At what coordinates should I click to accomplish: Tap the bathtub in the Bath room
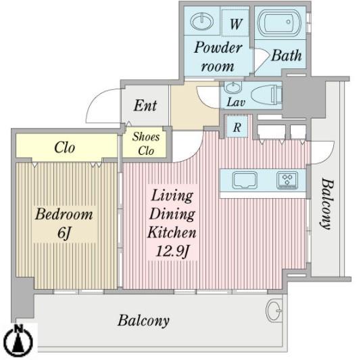[279, 23]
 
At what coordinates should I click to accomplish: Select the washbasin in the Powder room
[202, 22]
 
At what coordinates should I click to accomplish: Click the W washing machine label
[236, 24]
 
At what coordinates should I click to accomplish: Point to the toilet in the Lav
[266, 95]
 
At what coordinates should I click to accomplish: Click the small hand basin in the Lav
[233, 87]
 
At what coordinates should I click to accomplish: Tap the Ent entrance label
[145, 106]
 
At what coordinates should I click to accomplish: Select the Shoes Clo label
[146, 143]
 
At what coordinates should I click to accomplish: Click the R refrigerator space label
[237, 127]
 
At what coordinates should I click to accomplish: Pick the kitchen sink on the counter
[245, 180]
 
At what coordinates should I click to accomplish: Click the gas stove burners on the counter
[287, 180]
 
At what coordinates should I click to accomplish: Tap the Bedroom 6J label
[64, 223]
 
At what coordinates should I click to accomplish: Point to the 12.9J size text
[172, 251]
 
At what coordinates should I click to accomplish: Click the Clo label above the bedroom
[65, 148]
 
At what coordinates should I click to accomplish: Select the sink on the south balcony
[274, 311]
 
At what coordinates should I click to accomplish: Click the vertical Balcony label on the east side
[327, 204]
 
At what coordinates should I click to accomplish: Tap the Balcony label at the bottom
[143, 321]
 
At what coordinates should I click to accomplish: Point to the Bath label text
[287, 55]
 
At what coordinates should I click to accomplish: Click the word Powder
[218, 47]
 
